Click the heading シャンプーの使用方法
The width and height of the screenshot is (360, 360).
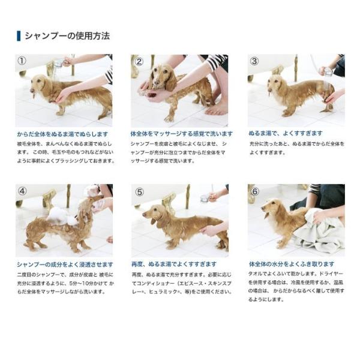coord(67,36)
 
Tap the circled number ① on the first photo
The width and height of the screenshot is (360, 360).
coord(22,61)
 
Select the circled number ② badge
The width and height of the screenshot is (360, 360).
coord(139,61)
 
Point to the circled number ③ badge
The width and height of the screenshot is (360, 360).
coord(254,61)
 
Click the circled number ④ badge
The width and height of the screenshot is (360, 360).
coord(22,191)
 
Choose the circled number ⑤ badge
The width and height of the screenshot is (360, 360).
coord(139,191)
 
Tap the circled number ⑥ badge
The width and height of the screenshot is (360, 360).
coord(254,191)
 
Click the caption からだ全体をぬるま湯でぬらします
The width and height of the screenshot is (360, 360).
coord(62,134)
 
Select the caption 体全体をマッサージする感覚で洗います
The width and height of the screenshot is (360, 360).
coord(180,134)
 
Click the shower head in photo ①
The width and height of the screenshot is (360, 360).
coord(58,62)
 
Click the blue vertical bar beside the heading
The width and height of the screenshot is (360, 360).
coord(19,36)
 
